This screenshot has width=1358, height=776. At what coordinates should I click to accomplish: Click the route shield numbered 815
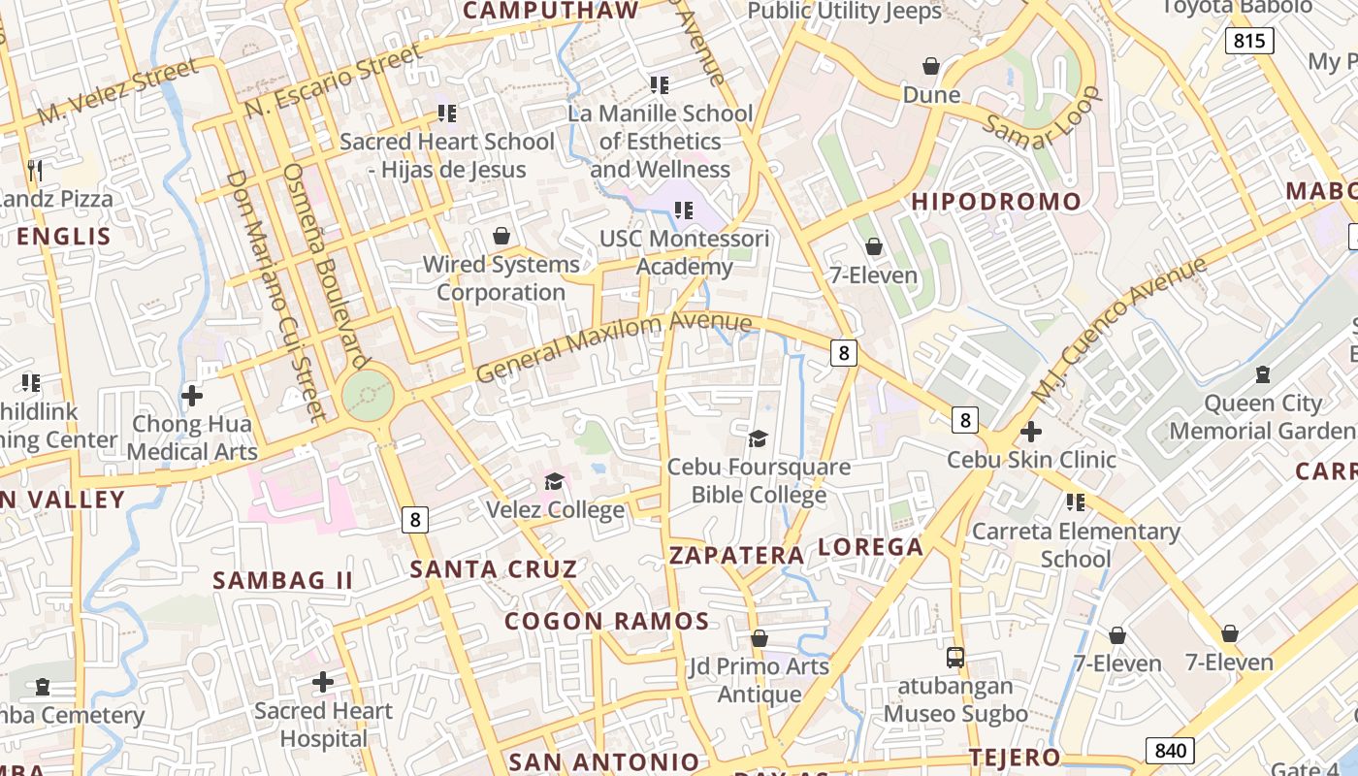1249,41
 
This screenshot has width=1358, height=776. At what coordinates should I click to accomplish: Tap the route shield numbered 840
1170,750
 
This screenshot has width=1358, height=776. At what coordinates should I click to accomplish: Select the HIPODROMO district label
996,202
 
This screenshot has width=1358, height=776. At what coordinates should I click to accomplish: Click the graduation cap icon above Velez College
554,481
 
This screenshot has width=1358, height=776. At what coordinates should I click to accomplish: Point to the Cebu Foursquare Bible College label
759,481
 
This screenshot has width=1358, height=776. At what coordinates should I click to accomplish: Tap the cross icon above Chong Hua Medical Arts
192,396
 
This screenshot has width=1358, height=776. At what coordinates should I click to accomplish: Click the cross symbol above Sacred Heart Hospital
323,683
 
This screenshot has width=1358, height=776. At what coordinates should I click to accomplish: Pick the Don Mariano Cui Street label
275,296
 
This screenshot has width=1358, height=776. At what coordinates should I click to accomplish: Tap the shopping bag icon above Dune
931,66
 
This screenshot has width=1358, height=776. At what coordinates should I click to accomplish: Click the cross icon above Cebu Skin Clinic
1031,432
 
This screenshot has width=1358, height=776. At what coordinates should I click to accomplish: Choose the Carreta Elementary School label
1076,545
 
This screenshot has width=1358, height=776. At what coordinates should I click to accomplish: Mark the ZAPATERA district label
737,556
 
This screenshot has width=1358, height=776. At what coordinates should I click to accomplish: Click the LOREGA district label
871,547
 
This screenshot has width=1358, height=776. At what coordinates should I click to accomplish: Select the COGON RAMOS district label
607,621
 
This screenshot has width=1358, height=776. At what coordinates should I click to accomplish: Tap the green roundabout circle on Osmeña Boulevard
369,397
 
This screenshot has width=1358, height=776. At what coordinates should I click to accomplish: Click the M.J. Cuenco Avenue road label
1118,330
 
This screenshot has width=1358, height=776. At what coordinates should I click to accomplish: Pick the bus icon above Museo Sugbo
955,657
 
